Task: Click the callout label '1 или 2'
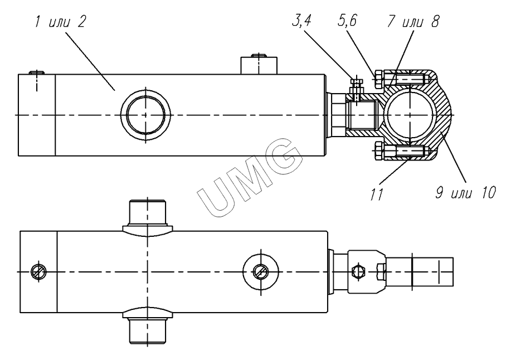[61, 22]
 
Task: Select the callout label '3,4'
[301, 21]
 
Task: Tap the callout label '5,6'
[347, 21]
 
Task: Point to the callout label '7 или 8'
[413, 22]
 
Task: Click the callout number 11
[377, 194]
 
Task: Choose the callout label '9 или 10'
[465, 193]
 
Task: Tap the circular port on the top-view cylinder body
[145, 115]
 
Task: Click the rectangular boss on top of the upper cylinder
[259, 66]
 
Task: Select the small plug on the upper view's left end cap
[37, 72]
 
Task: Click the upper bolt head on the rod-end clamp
[378, 79]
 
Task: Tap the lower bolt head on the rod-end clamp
[378, 151]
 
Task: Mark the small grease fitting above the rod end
[357, 85]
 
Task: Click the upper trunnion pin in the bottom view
[148, 216]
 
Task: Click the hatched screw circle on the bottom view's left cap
[38, 271]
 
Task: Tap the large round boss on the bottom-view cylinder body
[261, 271]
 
